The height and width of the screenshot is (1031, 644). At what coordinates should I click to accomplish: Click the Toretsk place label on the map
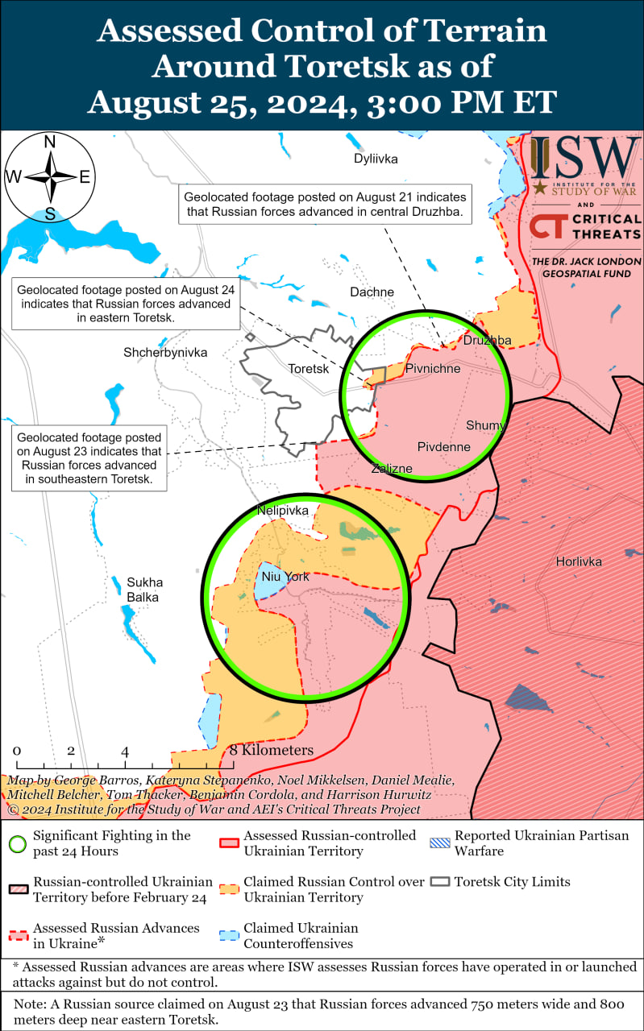pos(309,369)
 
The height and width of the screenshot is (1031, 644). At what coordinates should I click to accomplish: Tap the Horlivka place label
pos(579,561)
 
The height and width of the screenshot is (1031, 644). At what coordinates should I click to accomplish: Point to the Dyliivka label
pos(376,159)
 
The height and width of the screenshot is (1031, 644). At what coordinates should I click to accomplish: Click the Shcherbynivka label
pos(165,353)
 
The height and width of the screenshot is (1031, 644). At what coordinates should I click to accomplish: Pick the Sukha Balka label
pos(143,590)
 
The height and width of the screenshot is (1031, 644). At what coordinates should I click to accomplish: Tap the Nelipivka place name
pos(282,511)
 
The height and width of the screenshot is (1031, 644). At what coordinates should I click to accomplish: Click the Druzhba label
pos(487,341)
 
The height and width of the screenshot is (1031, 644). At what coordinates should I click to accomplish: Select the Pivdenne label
pos(443,446)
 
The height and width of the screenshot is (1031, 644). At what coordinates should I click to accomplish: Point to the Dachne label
pos(372,292)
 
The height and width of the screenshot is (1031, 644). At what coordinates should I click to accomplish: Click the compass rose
pos(50,177)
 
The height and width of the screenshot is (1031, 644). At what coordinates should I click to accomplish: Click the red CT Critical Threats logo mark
pos(546,226)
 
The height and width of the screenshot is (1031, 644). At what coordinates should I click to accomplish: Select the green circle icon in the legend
pos(18,843)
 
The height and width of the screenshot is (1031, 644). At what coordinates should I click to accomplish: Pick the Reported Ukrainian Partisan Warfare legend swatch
pos(440,836)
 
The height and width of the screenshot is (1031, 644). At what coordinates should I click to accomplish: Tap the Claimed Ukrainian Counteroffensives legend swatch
pos(229,936)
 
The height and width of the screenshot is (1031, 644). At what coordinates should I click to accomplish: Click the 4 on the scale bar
pos(125,751)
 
